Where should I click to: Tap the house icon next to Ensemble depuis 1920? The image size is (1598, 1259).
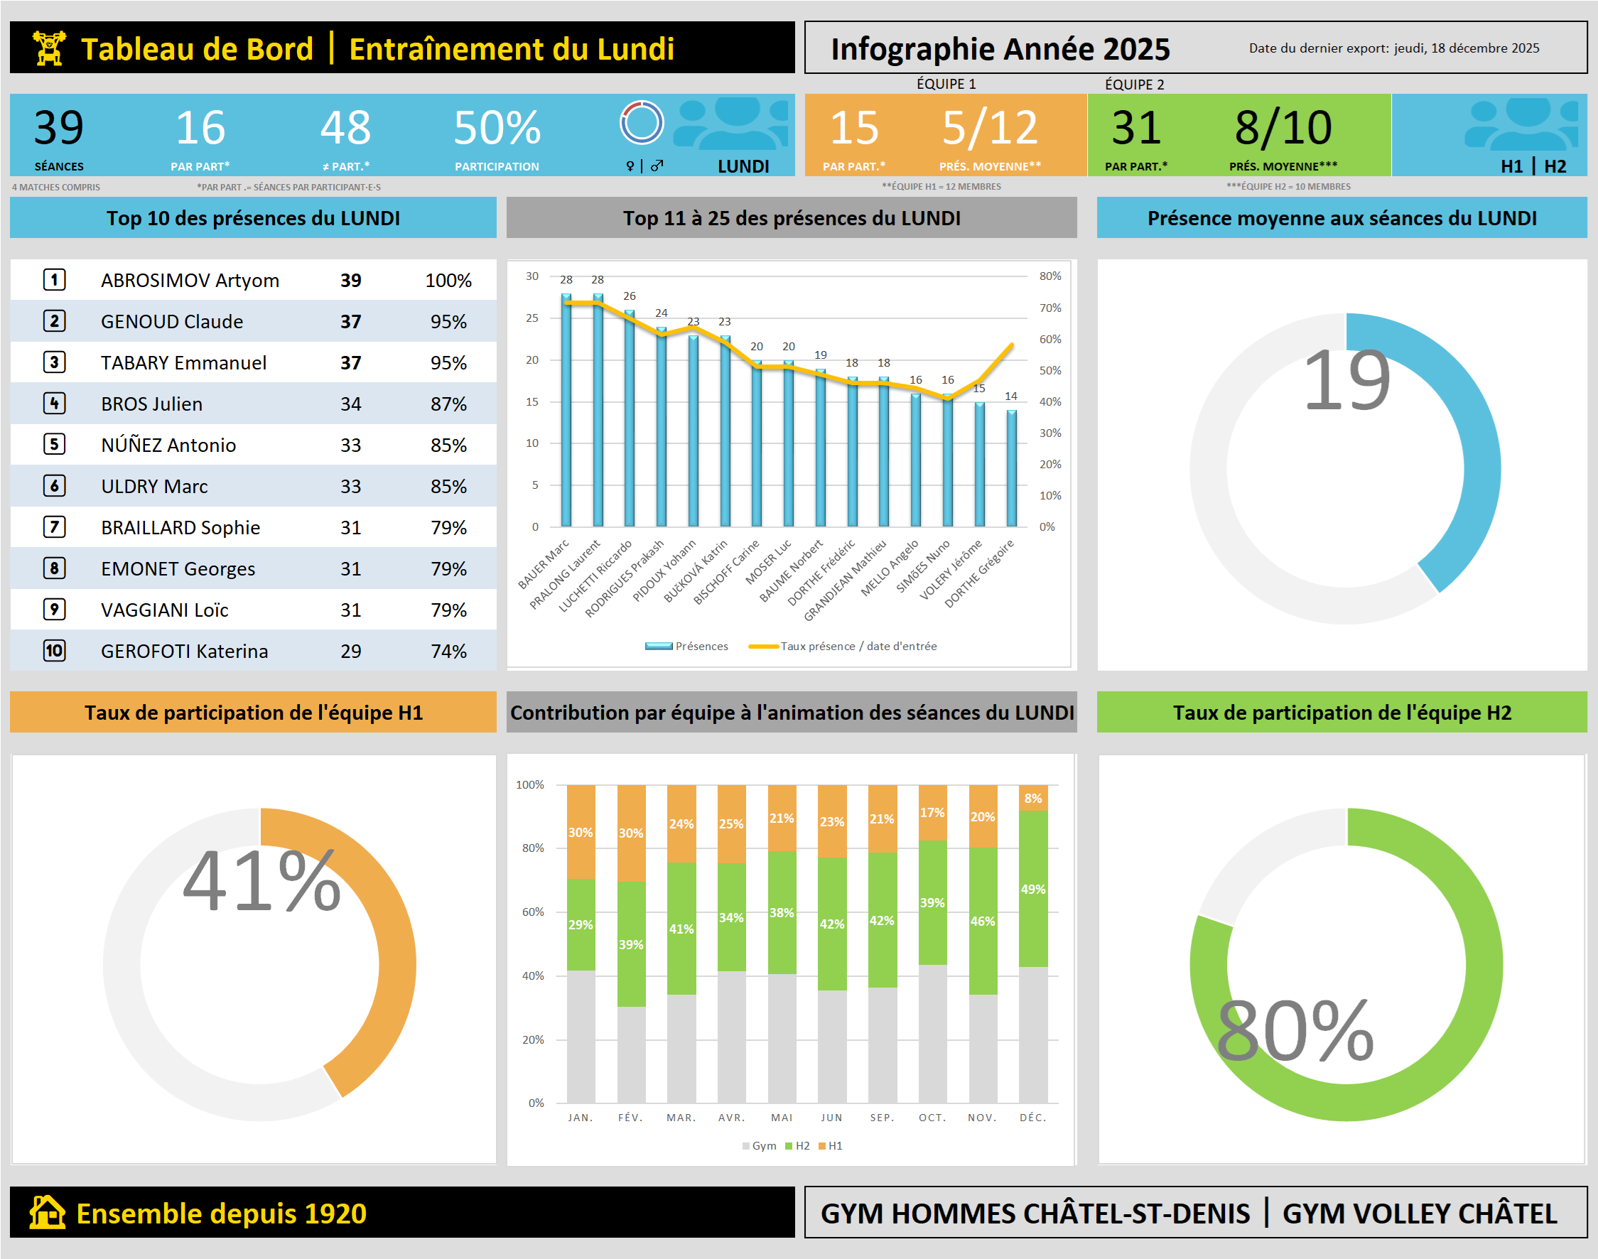[47, 1213]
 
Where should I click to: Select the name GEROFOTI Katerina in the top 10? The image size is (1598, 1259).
[184, 651]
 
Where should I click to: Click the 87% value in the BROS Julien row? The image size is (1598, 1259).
[448, 404]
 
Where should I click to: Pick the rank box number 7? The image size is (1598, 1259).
[55, 527]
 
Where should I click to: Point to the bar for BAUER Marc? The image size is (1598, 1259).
[566, 410]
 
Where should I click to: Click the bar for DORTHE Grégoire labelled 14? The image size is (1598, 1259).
[1011, 468]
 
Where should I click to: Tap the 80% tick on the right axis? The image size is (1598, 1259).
[1049, 276]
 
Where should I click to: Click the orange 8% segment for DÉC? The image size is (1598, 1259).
[1032, 799]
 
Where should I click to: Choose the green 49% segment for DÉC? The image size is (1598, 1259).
[1032, 889]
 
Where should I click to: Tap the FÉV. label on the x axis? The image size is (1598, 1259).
[630, 1118]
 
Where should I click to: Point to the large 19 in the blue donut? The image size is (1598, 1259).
[1346, 381]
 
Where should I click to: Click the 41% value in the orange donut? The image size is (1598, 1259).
[261, 880]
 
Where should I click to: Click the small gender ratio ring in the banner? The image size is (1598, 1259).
[642, 122]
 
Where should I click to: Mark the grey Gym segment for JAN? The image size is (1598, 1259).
[581, 1036]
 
